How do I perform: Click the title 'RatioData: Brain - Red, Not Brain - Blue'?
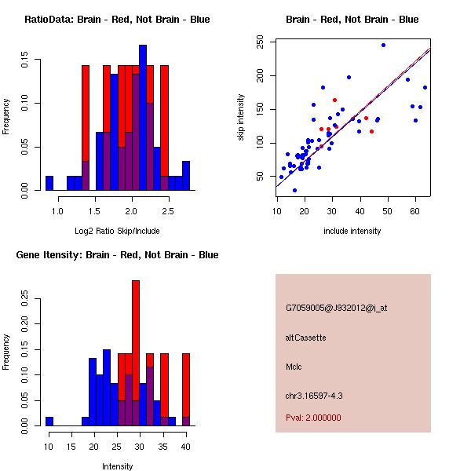117,20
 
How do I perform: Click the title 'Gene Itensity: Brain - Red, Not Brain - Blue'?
117,255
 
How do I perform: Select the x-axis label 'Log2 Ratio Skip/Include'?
117,231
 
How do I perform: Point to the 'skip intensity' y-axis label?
243,118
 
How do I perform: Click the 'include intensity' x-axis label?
352,231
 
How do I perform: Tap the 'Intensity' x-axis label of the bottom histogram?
117,466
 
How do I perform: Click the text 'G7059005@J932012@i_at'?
336,308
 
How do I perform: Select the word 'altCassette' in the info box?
305,338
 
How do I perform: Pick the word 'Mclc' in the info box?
294,367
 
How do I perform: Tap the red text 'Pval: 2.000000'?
313,418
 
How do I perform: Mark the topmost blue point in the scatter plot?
383,45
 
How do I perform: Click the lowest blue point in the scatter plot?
294,190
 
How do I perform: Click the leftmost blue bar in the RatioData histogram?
49,183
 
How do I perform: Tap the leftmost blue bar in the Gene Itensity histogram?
49,421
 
